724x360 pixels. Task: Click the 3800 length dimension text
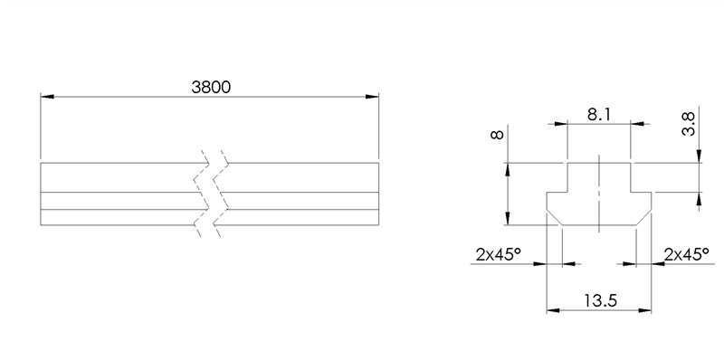click(211, 87)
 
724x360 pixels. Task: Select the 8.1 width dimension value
click(599, 115)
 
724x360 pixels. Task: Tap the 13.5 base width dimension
click(600, 301)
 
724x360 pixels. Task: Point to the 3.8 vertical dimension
click(689, 124)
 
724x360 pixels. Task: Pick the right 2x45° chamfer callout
click(687, 254)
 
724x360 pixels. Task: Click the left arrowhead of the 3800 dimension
click(48, 97)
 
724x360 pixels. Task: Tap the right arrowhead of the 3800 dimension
click(372, 97)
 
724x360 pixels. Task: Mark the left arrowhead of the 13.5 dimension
click(553, 310)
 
